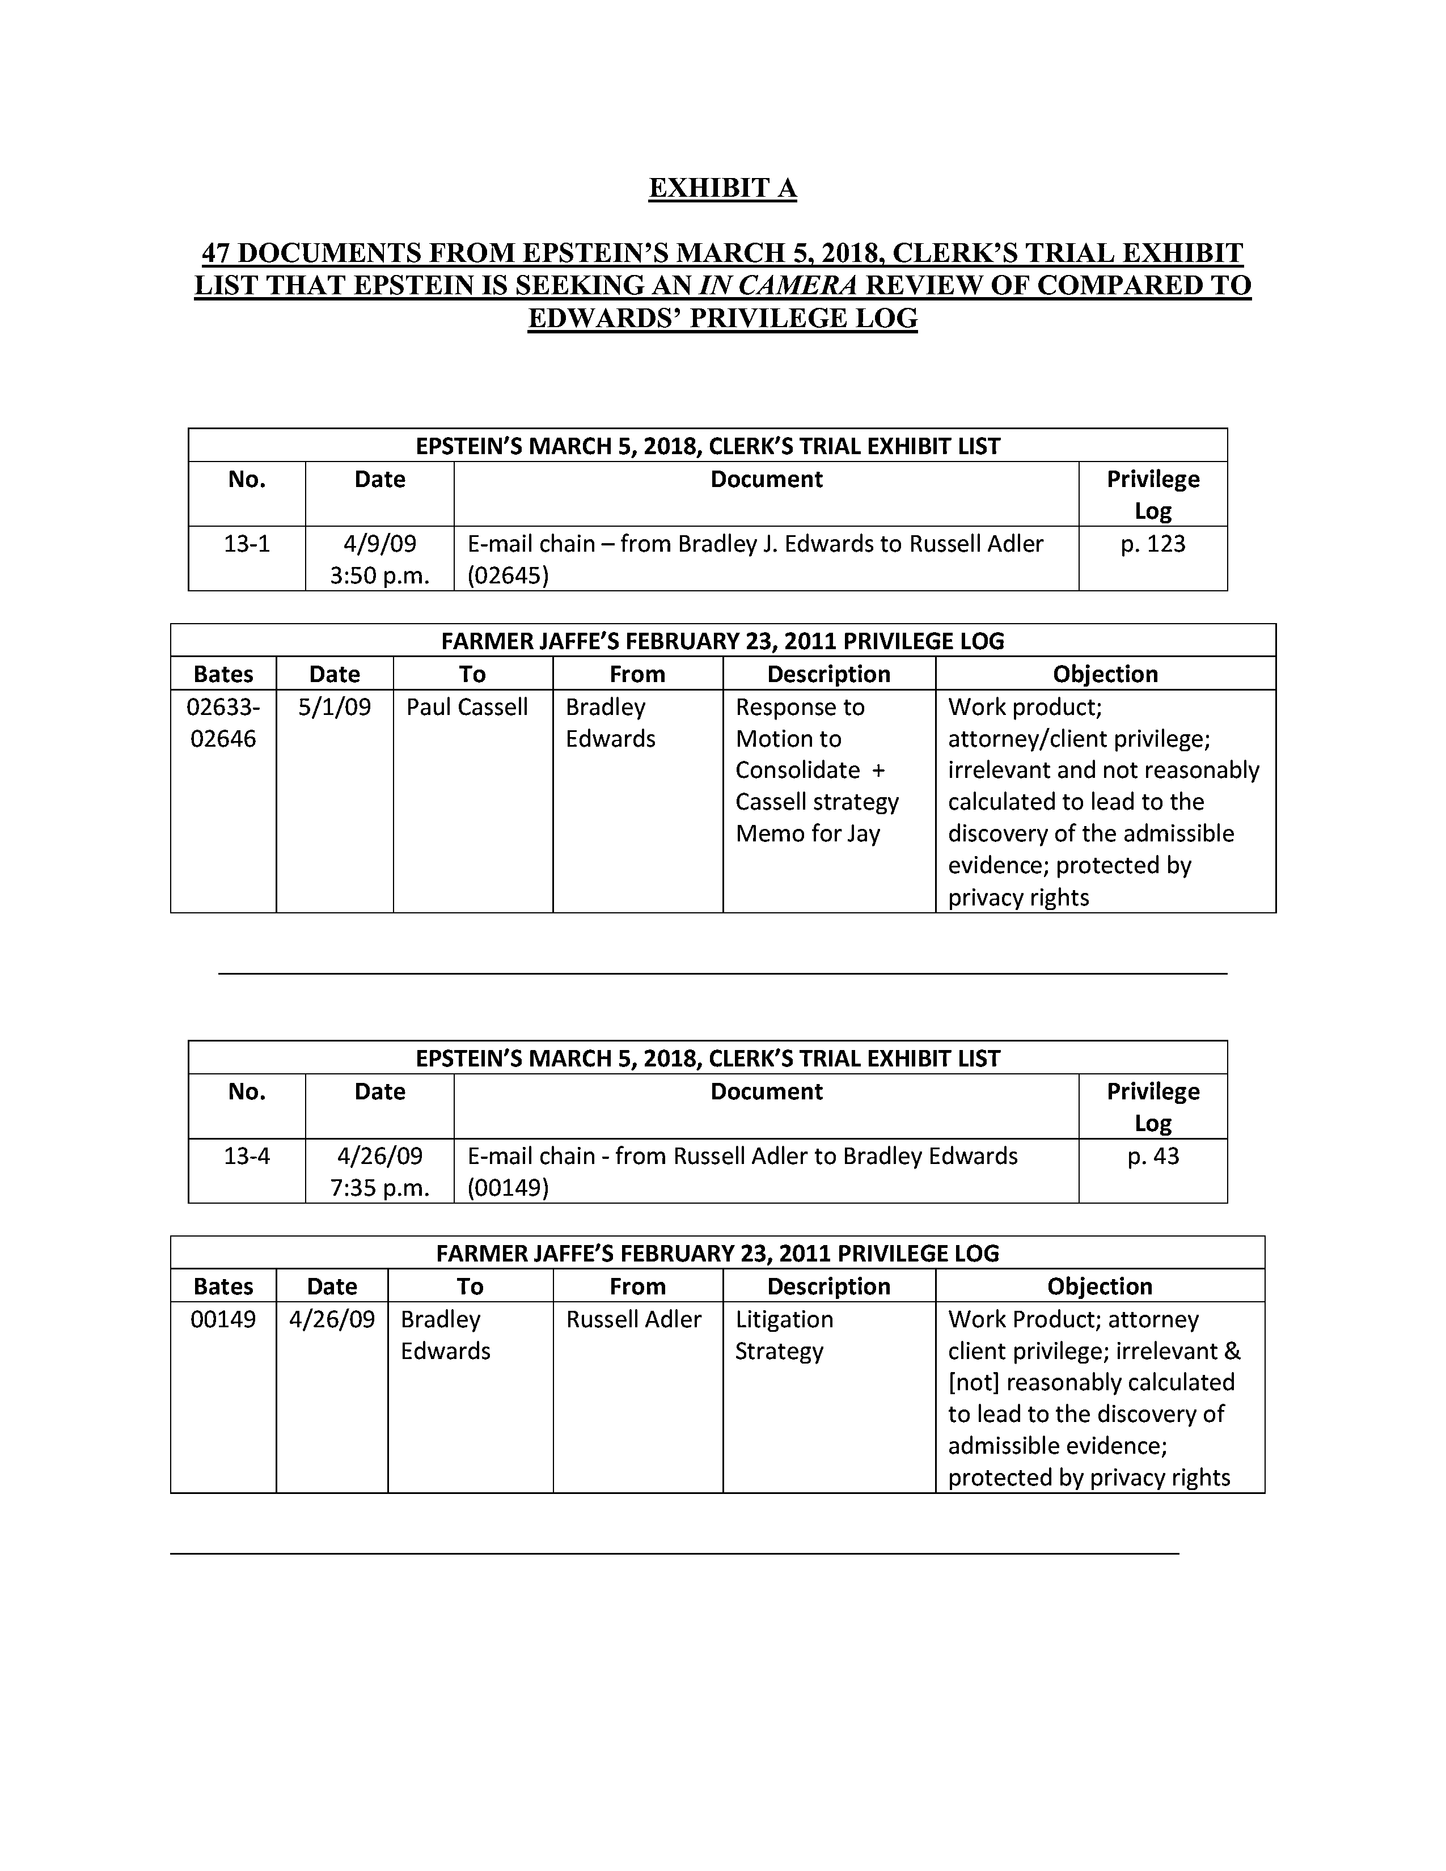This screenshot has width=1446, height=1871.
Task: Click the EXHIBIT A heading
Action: tap(722, 188)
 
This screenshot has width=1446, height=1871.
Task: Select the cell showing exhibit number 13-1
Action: tap(247, 544)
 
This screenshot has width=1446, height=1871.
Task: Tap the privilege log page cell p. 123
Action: tap(1152, 544)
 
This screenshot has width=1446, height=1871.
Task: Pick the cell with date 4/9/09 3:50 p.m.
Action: tap(379, 560)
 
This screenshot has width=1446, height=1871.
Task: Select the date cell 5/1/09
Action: tap(334, 708)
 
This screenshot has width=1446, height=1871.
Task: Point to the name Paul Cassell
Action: tap(467, 708)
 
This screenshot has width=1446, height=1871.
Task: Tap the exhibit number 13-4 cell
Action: tap(247, 1157)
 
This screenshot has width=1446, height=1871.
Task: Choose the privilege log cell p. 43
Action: tap(1152, 1157)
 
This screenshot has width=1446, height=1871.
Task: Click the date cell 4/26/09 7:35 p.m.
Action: tap(379, 1172)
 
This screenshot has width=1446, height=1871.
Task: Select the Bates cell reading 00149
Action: tap(223, 1319)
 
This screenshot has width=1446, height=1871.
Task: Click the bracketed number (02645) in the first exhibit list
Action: tap(507, 575)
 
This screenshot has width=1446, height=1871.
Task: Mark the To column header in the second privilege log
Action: tap(470, 1287)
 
